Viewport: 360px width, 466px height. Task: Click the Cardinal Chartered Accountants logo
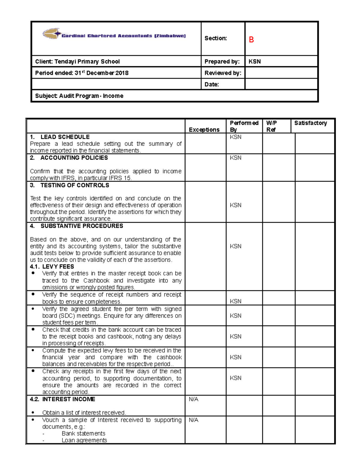114,35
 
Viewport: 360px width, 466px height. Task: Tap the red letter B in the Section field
251,40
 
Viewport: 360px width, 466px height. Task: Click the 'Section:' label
215,38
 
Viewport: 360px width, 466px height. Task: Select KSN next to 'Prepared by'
255,62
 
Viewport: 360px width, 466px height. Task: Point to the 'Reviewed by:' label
223,73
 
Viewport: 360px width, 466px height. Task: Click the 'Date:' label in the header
211,84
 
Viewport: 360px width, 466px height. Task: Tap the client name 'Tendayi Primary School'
87,62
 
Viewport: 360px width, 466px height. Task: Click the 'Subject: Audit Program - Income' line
79,96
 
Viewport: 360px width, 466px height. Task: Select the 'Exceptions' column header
204,130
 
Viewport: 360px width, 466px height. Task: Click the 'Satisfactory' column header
310,123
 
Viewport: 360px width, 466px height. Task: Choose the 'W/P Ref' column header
271,126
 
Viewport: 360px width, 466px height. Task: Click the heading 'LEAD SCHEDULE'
65,137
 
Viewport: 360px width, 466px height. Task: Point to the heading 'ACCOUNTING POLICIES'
74,158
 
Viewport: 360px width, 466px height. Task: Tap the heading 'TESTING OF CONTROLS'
74,185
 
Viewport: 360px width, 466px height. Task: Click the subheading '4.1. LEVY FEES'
52,266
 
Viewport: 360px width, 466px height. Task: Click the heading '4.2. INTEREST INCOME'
62,399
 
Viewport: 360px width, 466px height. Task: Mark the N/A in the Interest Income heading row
193,399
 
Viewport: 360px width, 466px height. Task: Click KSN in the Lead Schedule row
235,137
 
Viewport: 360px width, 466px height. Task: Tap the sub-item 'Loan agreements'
84,440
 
